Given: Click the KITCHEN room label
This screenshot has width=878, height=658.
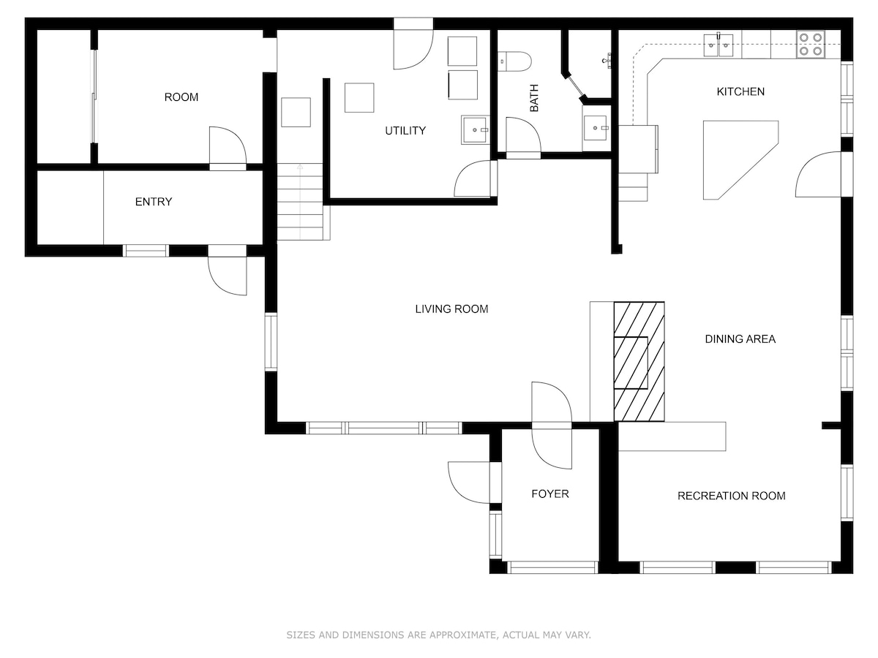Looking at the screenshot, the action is point(740,92).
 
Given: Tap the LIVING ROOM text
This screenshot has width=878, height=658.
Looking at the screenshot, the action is point(451,309).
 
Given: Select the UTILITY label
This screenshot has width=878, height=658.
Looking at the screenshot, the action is point(405,131).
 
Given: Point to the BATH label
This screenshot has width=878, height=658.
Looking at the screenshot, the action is point(534,98).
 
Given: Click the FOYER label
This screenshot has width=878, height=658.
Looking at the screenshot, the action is point(550,494).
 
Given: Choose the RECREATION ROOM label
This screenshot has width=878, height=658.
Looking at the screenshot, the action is point(731,496).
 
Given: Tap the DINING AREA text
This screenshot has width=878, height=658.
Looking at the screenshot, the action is point(740,339).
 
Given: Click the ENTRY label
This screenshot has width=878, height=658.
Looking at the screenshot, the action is point(154,202).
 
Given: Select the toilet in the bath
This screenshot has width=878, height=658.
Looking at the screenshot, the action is point(514,61).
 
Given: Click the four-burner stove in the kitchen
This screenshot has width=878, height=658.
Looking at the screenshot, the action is point(811,45).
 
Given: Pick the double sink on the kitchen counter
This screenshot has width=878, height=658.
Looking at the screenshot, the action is point(718,45).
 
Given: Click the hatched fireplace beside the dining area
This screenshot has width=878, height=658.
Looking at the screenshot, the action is point(639,362).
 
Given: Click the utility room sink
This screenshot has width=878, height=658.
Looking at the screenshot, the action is point(475,130).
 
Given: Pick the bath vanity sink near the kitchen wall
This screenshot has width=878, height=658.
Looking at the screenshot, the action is point(595,128).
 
